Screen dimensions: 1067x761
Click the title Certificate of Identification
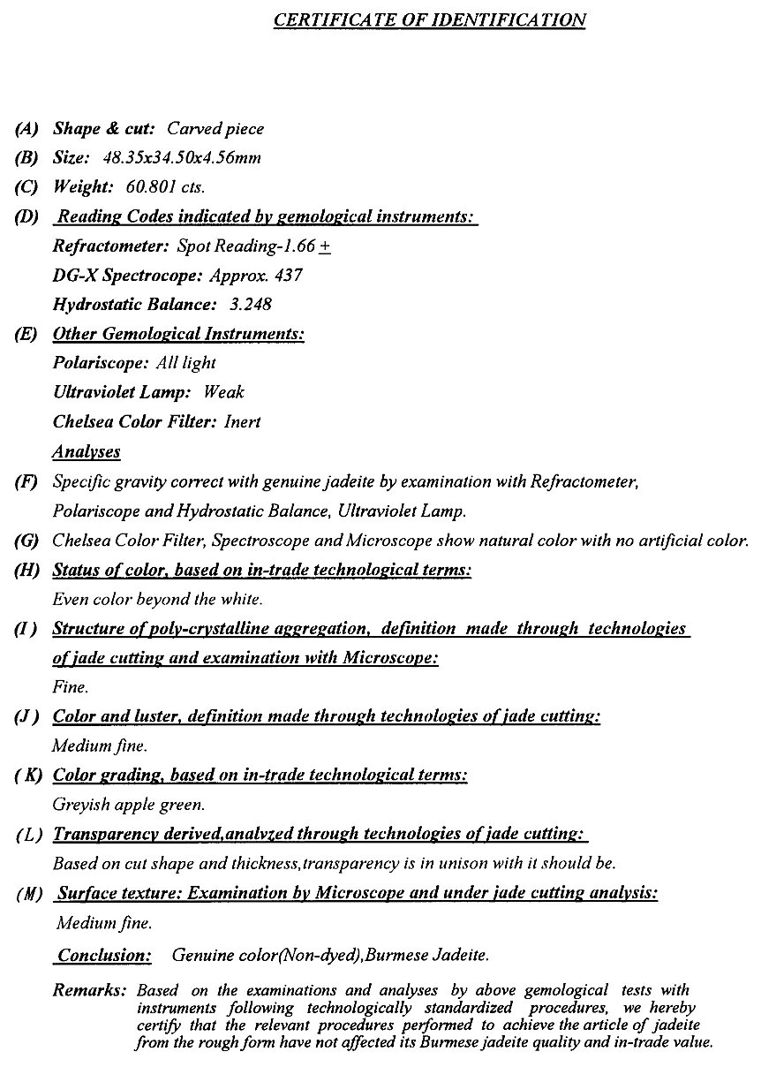(429, 19)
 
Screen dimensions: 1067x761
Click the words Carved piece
(215, 129)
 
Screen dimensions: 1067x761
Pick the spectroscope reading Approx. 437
(256, 275)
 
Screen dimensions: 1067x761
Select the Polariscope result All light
(185, 363)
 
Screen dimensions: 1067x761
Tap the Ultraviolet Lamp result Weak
(223, 392)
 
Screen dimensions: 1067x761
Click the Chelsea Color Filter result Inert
(242, 421)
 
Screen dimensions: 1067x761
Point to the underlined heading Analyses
(87, 451)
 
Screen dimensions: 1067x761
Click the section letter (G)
(27, 540)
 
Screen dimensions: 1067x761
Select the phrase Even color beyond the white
(157, 599)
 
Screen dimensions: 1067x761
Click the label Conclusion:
(104, 955)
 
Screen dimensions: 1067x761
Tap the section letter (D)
(27, 217)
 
